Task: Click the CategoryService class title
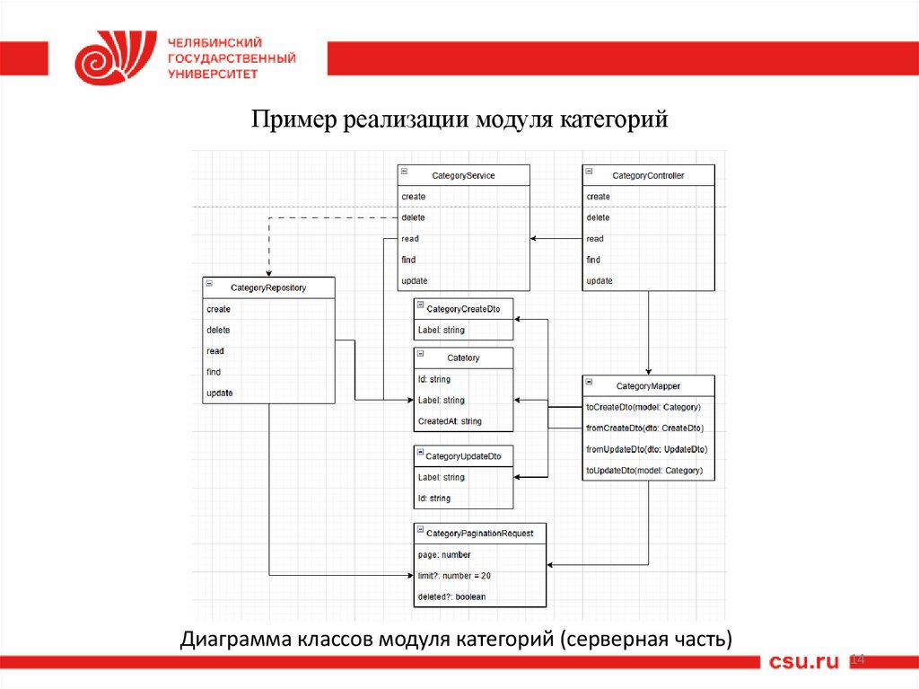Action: (x=463, y=176)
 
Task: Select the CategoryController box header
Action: (x=648, y=176)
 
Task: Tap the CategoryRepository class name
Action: (x=268, y=287)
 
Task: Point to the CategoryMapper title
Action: (x=648, y=386)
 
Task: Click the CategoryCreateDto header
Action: (x=463, y=309)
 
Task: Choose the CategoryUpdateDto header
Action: (x=463, y=456)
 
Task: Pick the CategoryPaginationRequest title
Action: (x=480, y=533)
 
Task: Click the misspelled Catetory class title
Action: (x=463, y=358)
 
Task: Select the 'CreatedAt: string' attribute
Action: (x=450, y=421)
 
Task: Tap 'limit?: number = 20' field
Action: (x=454, y=576)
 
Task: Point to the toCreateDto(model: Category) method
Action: (x=643, y=408)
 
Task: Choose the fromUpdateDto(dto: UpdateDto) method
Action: (x=646, y=449)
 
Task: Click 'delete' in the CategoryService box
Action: (x=414, y=217)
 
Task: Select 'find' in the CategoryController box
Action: (x=593, y=260)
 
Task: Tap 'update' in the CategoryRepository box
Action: (x=220, y=393)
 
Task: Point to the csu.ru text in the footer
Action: (x=803, y=662)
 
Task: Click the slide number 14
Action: (x=856, y=660)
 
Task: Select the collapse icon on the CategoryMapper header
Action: (x=589, y=384)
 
